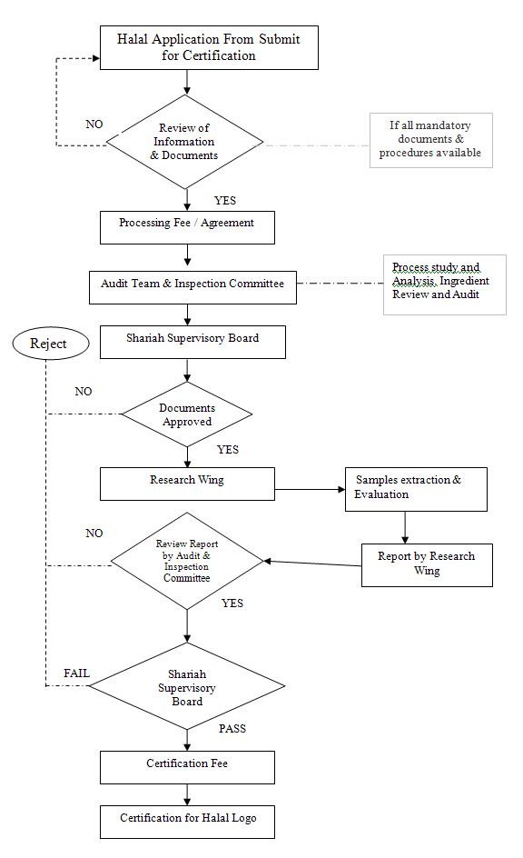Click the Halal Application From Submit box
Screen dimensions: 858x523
pyautogui.click(x=208, y=47)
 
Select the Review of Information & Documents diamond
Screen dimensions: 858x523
pyautogui.click(x=185, y=142)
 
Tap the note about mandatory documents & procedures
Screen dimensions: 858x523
pyautogui.click(x=431, y=141)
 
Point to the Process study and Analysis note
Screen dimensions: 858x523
pyautogui.click(x=444, y=284)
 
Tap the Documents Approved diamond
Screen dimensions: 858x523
pyautogui.click(x=186, y=414)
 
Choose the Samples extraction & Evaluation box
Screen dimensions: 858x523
pyautogui.click(x=415, y=488)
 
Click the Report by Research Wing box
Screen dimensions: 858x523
pyautogui.click(x=427, y=564)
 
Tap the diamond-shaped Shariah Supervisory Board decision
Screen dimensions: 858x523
pyautogui.click(x=187, y=688)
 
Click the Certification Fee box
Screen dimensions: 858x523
pyautogui.click(x=187, y=767)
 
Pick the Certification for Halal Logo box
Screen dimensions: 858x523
pyautogui.click(x=188, y=822)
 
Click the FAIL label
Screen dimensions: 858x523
pyautogui.click(x=76, y=673)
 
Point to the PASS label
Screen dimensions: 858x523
pyautogui.click(x=232, y=729)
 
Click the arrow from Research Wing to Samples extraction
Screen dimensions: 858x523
pyautogui.click(x=309, y=492)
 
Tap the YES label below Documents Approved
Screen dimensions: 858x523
pyautogui.click(x=228, y=450)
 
